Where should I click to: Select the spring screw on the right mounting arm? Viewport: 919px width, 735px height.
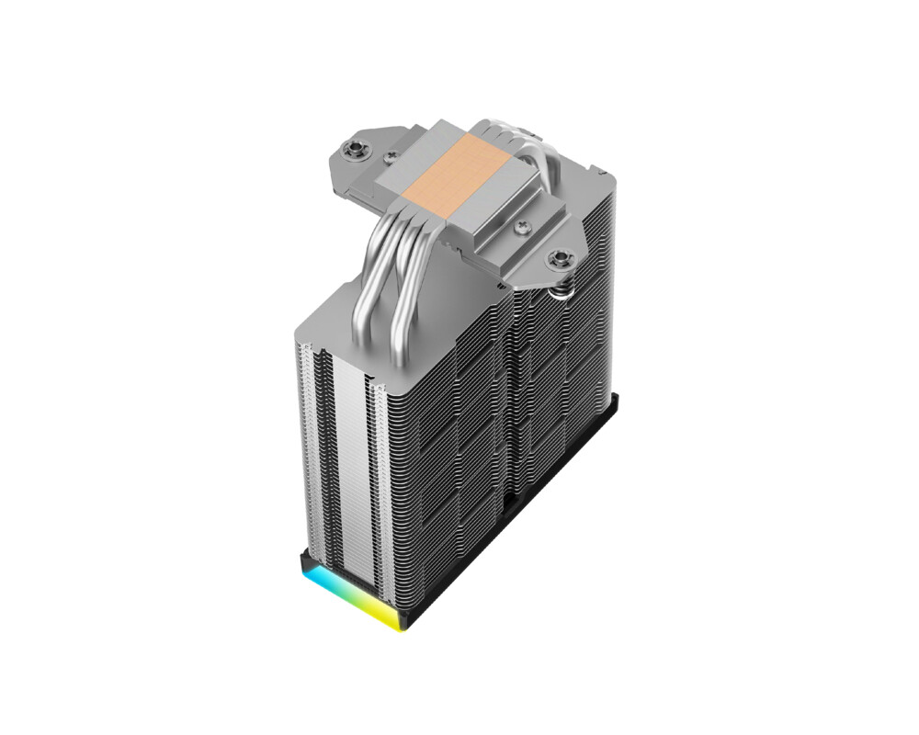[x=557, y=260]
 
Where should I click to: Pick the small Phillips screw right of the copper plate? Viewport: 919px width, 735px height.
[x=525, y=222]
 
